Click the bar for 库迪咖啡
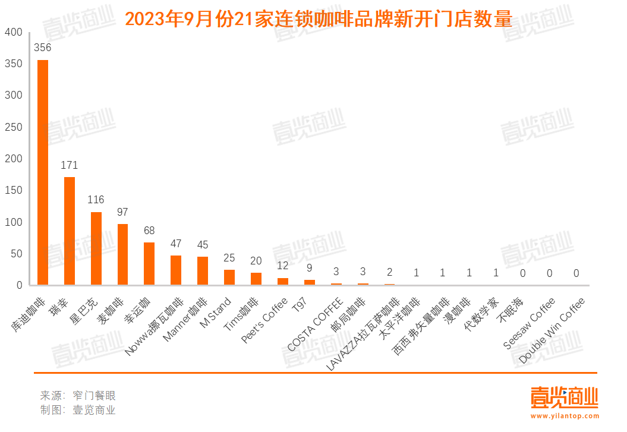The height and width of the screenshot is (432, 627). pyautogui.click(x=43, y=172)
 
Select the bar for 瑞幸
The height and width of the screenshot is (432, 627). pyautogui.click(x=70, y=231)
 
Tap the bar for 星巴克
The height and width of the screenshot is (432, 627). pyautogui.click(x=96, y=248)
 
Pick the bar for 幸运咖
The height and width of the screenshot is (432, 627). pyautogui.click(x=149, y=264)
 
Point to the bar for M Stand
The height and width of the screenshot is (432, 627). pyautogui.click(x=229, y=278)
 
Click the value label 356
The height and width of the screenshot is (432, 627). pyautogui.click(x=43, y=48)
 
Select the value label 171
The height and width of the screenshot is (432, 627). pyautogui.click(x=70, y=165)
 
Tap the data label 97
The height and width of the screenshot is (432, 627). pyautogui.click(x=122, y=212)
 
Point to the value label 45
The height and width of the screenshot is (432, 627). pyautogui.click(x=203, y=245)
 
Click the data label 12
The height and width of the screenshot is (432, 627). pyautogui.click(x=282, y=266)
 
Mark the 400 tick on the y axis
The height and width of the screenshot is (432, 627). pyautogui.click(x=14, y=32)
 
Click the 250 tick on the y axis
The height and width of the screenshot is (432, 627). pyautogui.click(x=14, y=127)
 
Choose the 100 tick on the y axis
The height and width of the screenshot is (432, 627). pyautogui.click(x=14, y=222)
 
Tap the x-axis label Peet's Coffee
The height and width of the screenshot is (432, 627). pyautogui.click(x=265, y=319)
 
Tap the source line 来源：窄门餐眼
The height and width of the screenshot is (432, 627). pyautogui.click(x=78, y=395)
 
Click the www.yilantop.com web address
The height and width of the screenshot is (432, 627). pyautogui.click(x=565, y=416)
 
